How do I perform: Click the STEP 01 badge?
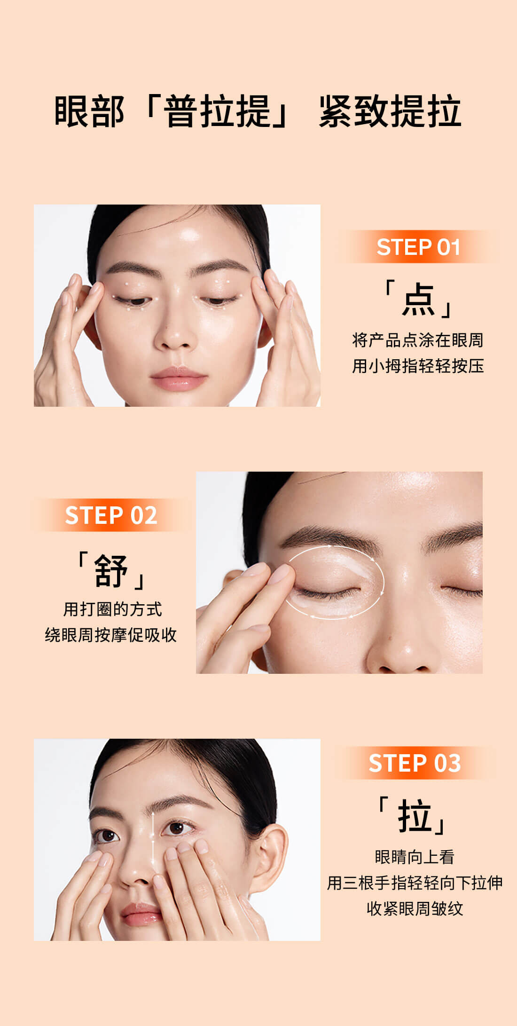pyautogui.click(x=418, y=247)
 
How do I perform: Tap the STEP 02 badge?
pyautogui.click(x=111, y=515)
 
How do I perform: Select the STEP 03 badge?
pyautogui.click(x=415, y=763)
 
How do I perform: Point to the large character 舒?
pyautogui.click(x=111, y=570)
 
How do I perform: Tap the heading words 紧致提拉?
pyautogui.click(x=390, y=111)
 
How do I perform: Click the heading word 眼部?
pyautogui.click(x=89, y=111)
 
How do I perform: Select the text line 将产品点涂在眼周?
pyautogui.click(x=418, y=340)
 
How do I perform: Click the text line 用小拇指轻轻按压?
pyautogui.click(x=418, y=366)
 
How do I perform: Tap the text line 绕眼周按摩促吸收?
pyautogui.click(x=111, y=635)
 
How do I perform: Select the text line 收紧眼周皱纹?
pyautogui.click(x=415, y=908)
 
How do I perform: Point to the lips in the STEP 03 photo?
pyautogui.click(x=141, y=915)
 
